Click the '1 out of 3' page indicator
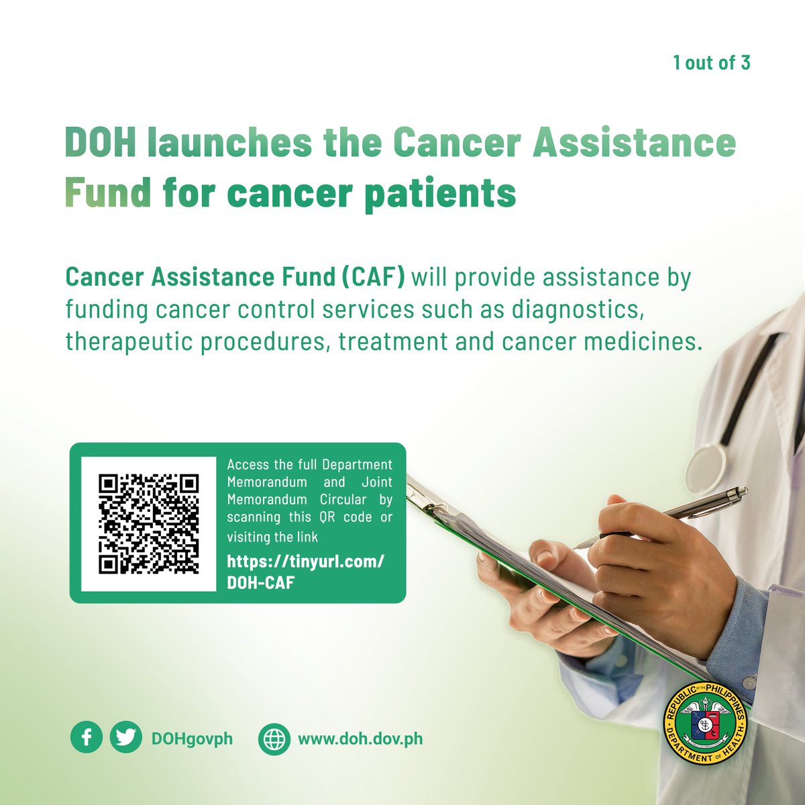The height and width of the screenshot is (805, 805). coord(712,63)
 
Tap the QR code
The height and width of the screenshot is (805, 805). coord(149,524)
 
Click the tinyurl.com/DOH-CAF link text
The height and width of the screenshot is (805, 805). coord(305,572)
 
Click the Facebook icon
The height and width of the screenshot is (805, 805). coord(87,739)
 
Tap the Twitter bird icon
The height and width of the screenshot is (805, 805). coord(125,739)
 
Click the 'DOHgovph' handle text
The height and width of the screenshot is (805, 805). coord(192,739)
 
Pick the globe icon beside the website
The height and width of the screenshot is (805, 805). coord(274,739)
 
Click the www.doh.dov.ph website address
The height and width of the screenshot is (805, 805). coord(360,739)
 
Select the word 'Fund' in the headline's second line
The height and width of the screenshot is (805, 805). coord(108,193)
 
